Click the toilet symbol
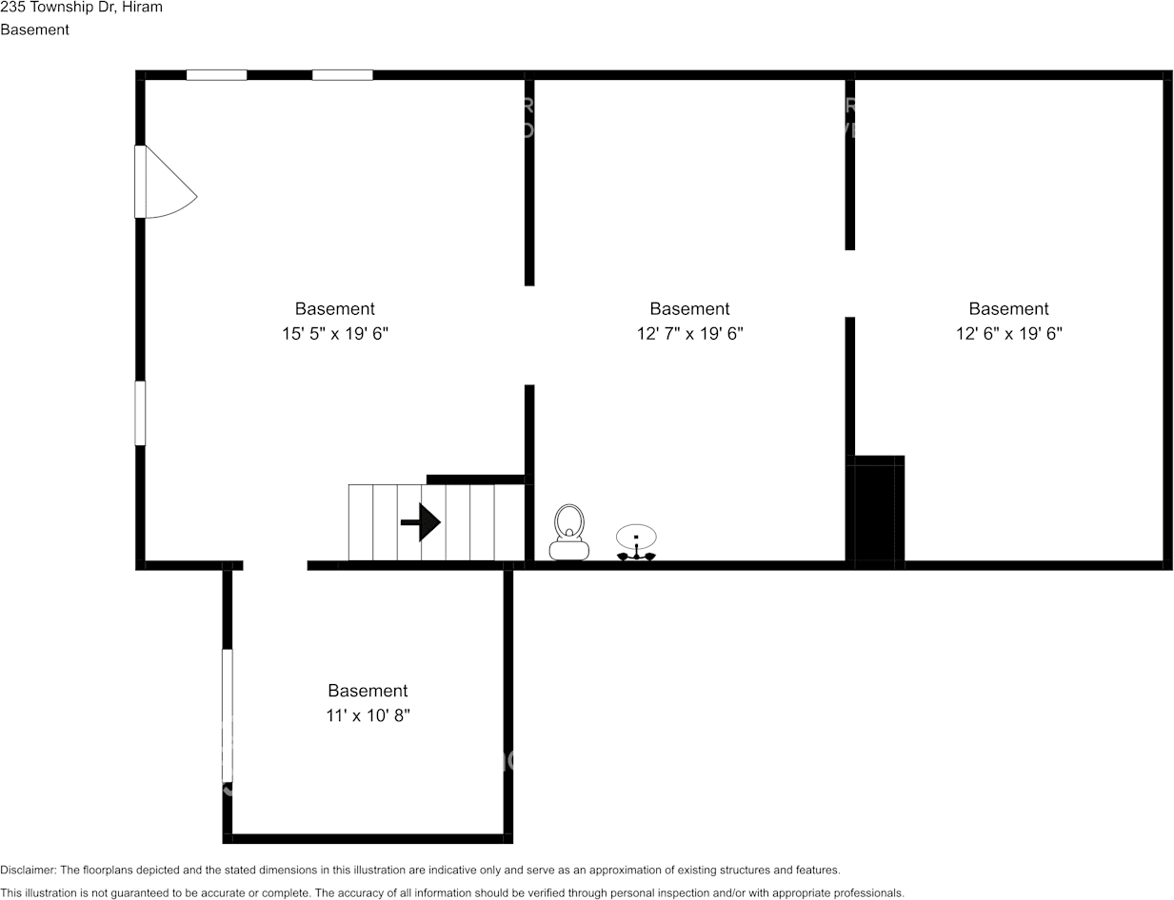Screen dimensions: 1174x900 568,532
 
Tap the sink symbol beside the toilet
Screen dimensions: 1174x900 636,541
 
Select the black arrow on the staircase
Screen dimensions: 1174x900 420,521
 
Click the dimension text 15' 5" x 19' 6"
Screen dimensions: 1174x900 335,333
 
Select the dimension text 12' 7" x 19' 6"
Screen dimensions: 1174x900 690,333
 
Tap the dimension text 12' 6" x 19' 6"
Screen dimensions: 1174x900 1008,333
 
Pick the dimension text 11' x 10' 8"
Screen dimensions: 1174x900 368,715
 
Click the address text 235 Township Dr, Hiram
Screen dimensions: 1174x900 81,8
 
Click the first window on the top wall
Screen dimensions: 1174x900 217,75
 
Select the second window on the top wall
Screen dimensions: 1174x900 343,75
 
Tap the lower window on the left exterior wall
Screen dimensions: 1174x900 140,413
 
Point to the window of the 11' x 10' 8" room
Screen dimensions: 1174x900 228,715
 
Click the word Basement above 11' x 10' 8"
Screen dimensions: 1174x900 368,691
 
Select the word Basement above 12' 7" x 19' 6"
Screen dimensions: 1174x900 690,308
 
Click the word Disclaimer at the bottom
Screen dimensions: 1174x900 28,870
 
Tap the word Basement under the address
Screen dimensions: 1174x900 34,29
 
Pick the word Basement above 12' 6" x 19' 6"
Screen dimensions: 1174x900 1008,308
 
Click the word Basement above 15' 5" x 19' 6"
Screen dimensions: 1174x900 335,308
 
